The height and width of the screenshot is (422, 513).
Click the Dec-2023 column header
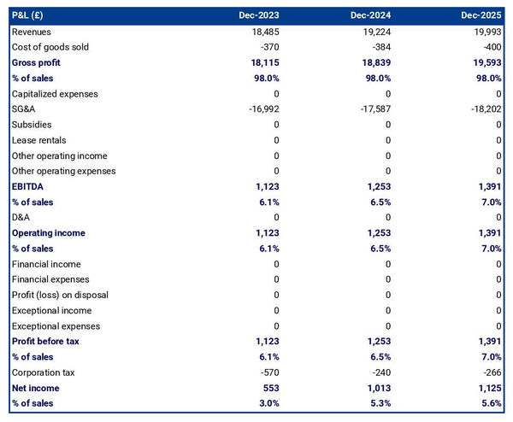[x=262, y=15]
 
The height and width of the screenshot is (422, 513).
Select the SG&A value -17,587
[x=372, y=109]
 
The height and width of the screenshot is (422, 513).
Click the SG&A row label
[x=24, y=109]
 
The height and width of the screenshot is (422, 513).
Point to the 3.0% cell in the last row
[x=267, y=403]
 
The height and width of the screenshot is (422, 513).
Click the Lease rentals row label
[x=38, y=140]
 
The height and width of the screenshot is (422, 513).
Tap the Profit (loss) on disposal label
[x=60, y=295]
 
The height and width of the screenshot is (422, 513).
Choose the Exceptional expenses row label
[x=56, y=326]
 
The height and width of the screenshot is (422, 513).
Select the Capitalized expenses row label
[x=55, y=94]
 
